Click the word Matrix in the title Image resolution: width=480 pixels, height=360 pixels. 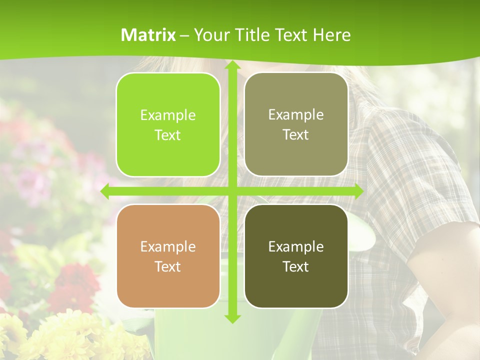(148, 35)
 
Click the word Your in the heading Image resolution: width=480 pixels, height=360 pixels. (211, 35)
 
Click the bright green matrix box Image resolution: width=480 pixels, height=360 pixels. (168, 124)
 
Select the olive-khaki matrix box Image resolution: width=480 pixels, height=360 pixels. (296, 124)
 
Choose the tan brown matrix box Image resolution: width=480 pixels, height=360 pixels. (168, 256)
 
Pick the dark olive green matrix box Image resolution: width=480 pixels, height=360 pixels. (296, 256)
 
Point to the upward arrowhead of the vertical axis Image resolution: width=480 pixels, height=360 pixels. (232, 65)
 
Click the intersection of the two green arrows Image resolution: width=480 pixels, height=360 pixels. (232, 191)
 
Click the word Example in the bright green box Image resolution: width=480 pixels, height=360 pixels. (168, 115)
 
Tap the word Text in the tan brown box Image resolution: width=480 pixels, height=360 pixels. (168, 266)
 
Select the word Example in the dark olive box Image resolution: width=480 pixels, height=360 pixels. (296, 246)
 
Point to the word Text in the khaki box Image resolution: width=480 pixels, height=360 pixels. (296, 135)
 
